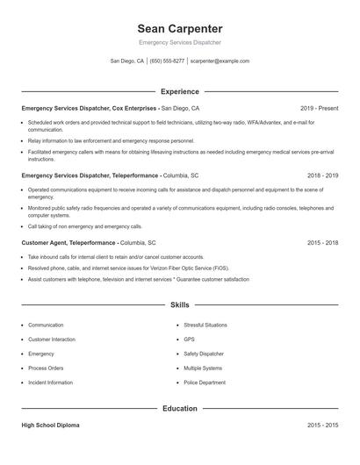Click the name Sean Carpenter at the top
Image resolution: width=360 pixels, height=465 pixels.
(180, 28)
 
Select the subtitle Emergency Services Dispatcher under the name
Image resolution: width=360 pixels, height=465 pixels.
(180, 42)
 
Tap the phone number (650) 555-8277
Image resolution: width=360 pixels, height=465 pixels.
(167, 61)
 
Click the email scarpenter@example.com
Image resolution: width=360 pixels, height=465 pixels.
(220, 61)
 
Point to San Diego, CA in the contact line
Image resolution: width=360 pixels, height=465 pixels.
(127, 61)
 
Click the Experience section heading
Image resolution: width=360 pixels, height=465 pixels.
(180, 91)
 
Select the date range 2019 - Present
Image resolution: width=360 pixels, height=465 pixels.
(319, 108)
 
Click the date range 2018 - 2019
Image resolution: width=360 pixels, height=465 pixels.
(322, 175)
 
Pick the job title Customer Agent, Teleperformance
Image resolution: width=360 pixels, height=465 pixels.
(69, 242)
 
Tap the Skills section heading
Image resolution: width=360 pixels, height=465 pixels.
(180, 305)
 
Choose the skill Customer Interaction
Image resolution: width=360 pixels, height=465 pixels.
(52, 339)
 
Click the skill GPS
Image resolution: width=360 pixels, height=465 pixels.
(189, 339)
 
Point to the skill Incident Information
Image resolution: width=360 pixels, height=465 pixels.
(51, 383)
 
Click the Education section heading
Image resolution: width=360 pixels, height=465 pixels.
(180, 409)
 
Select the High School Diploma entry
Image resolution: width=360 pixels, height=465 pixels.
(50, 426)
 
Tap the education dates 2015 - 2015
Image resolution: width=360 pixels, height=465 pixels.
(322, 426)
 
